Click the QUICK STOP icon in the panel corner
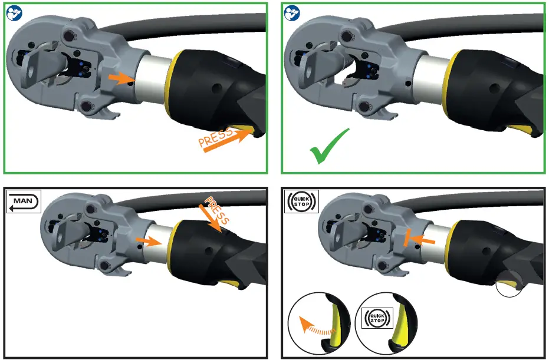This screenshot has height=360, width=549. point(301,202)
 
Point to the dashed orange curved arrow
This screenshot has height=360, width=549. point(314,328)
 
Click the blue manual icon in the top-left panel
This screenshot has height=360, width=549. point(14,13)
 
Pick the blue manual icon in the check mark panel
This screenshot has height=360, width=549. point(291,13)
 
